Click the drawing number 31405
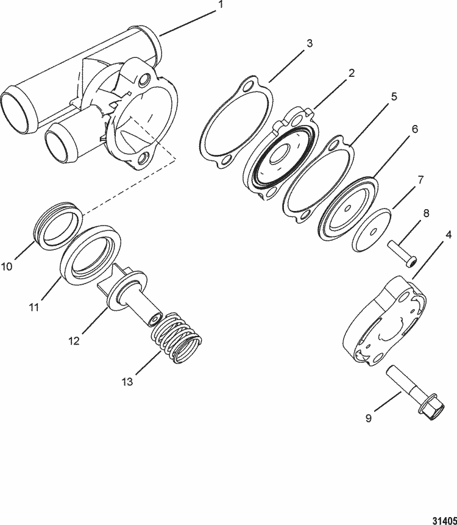443,514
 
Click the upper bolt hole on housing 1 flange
144,80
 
